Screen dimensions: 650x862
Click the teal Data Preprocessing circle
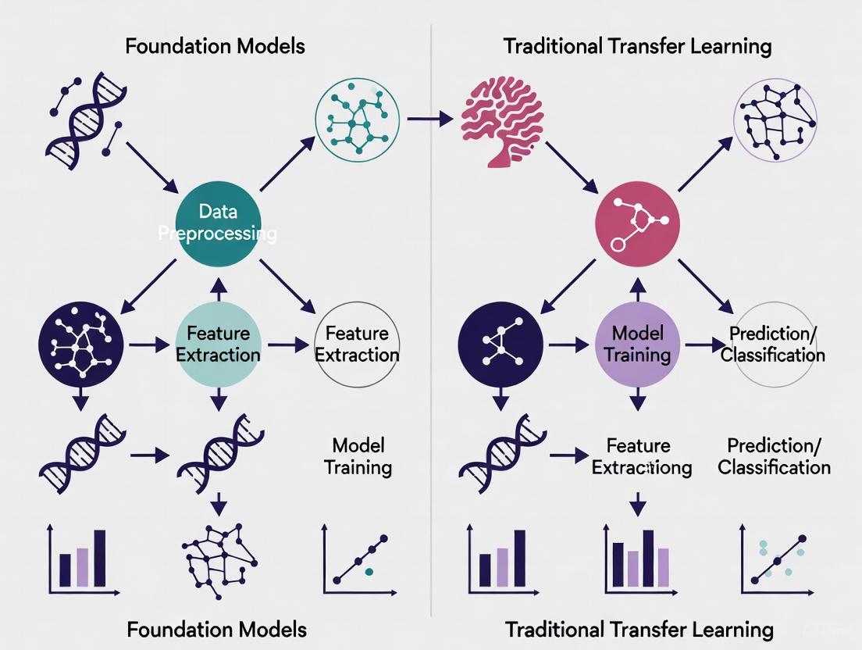tap(218, 223)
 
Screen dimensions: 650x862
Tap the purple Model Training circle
tap(638, 344)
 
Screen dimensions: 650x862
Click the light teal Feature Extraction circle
tap(218, 344)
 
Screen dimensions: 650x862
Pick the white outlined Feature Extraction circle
tap(357, 344)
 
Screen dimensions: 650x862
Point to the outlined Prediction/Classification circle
tap(773, 344)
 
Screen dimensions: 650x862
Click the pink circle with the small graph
tap(638, 225)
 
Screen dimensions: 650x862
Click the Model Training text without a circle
tap(358, 456)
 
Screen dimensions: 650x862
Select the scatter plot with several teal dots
tap(775, 559)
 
